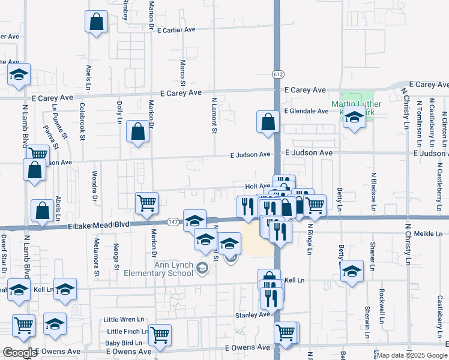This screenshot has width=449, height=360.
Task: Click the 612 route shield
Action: pyautogui.click(x=277, y=74)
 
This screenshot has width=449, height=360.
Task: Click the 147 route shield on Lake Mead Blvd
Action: pyautogui.click(x=172, y=221)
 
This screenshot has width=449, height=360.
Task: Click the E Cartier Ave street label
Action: pyautogui.click(x=176, y=29)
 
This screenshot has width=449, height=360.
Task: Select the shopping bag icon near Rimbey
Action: pyautogui.click(x=96, y=23)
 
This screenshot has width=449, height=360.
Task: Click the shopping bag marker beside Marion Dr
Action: pyautogui.click(x=138, y=133)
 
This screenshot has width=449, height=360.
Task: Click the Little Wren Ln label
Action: pyautogui.click(x=125, y=320)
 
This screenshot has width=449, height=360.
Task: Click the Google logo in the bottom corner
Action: pyautogui.click(x=19, y=353)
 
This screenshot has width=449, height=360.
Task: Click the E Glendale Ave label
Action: pyautogui.click(x=307, y=112)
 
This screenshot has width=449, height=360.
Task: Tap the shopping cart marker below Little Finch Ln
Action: pyautogui.click(x=160, y=335)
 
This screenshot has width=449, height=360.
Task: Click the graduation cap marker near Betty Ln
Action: pyautogui.click(x=352, y=271)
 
